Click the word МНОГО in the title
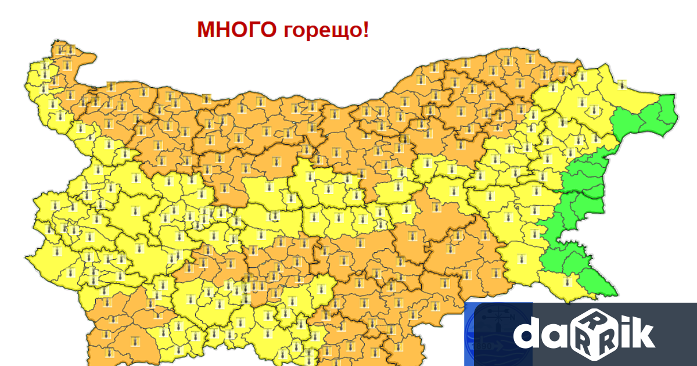pos(236,30)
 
